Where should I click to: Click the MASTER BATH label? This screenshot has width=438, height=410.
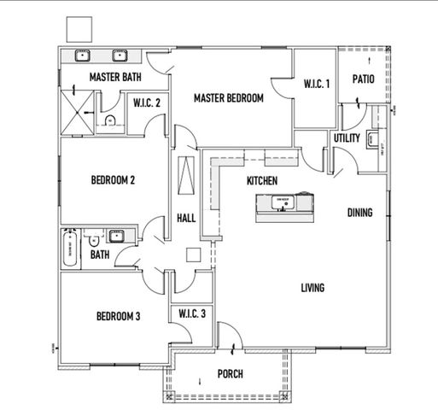pos(115,78)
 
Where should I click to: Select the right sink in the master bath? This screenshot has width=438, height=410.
pos(121,57)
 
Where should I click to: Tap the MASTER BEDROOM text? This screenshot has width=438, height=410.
pos(228,98)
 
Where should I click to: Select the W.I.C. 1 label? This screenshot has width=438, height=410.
pos(316,84)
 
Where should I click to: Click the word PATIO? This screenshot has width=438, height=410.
pos(365,79)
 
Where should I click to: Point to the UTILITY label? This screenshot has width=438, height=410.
pos(347,138)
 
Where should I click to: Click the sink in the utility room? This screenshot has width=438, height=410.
pos(373,139)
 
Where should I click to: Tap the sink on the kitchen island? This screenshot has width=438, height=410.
pos(281,203)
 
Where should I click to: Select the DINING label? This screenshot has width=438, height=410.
pos(359,212)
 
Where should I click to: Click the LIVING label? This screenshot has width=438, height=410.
pos(312,288)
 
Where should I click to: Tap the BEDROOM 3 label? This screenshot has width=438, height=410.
pos(118,316)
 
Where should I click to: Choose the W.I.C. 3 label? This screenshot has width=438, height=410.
pos(192,313)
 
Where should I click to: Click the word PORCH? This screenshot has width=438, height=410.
pos(230,374)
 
